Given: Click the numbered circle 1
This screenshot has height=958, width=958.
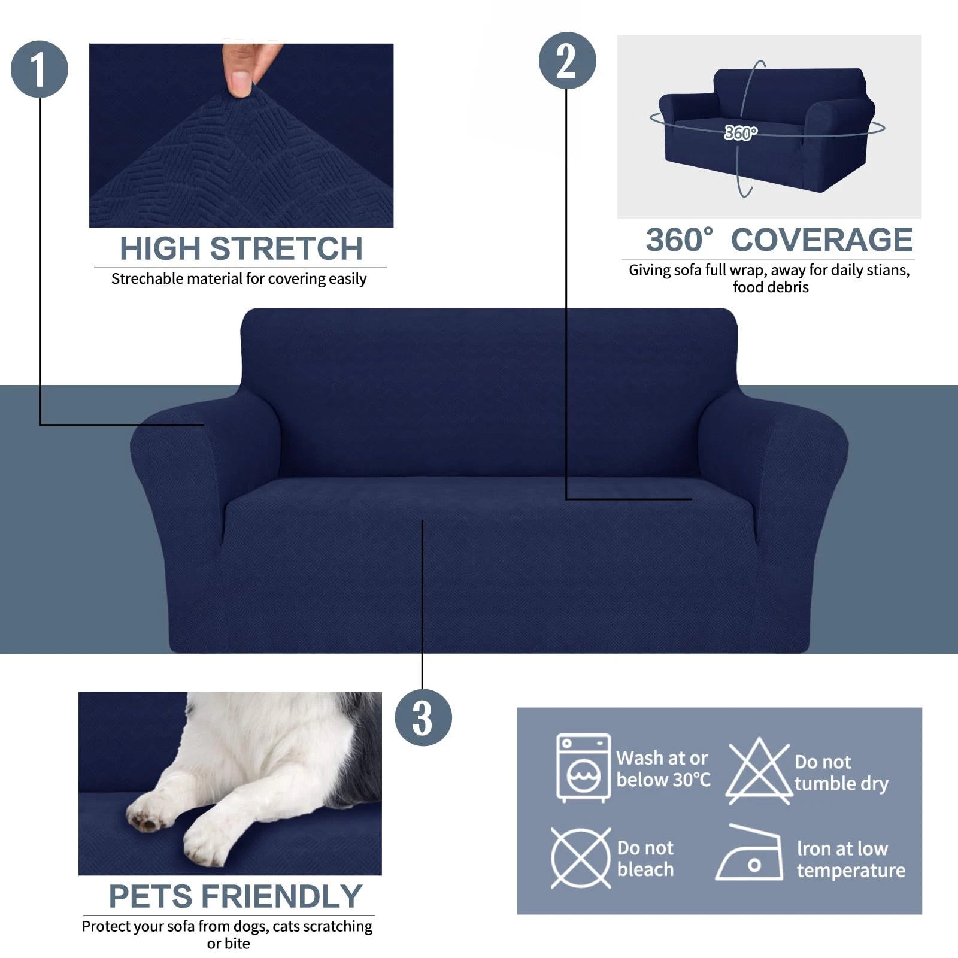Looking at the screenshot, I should click(40, 69).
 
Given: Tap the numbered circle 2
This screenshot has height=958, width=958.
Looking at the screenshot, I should click(567, 61).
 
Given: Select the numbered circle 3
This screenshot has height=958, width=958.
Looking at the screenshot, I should click(423, 717).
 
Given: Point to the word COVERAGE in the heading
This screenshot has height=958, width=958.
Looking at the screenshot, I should click(821, 241).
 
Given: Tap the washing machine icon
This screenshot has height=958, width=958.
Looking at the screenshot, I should click(583, 768).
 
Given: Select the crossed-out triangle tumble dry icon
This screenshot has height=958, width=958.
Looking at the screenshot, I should click(758, 771).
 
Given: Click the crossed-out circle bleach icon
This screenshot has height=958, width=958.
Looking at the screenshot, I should click(580, 858).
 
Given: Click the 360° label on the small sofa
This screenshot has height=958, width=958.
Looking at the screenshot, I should click(741, 133).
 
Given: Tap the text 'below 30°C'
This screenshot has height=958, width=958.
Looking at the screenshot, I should click(663, 780).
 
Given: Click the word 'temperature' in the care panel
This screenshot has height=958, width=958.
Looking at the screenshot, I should click(850, 871).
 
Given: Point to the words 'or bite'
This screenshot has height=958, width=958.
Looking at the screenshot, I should click(228, 944).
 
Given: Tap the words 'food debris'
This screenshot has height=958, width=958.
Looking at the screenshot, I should click(770, 287).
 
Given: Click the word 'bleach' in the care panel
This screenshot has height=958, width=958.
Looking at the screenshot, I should click(645, 869).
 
